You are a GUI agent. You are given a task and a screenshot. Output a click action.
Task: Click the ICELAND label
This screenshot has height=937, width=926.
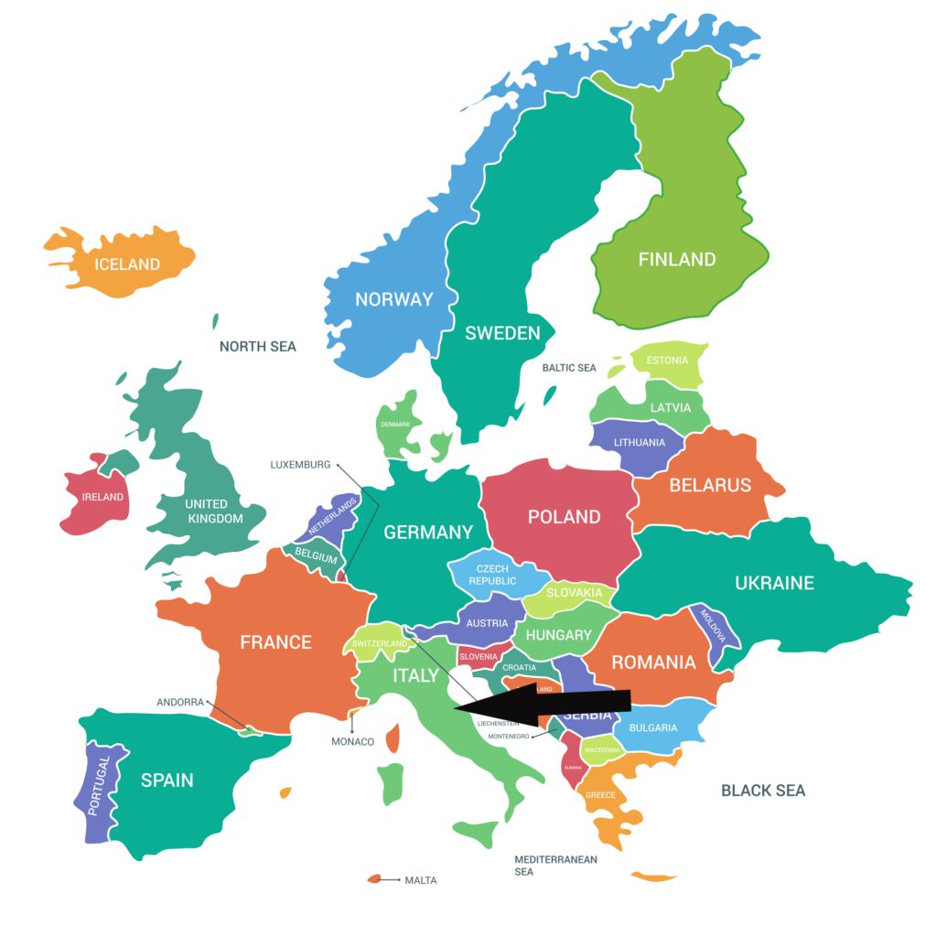coord(127,264)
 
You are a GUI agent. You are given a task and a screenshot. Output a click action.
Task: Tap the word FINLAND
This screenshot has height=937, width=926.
coord(677,259)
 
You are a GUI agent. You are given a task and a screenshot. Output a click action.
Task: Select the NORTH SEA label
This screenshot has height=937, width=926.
coord(258,347)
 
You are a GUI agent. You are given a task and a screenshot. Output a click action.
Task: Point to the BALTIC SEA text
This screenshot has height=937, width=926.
coord(569,368)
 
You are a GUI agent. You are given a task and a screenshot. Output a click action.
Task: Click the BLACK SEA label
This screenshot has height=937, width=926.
coord(763,791)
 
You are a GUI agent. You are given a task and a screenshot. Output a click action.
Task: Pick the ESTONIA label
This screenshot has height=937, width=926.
coord(667,361)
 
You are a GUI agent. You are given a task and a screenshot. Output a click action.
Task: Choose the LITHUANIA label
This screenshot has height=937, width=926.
coord(640,443)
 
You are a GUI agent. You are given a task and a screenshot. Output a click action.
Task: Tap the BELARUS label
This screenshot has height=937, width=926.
coord(710,485)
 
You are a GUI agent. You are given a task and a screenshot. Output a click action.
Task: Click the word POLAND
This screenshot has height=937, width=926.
coord(565,517)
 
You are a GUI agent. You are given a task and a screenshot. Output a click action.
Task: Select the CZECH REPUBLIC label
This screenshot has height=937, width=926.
coord(492,575)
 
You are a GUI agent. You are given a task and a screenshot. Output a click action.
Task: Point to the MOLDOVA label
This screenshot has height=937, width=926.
coord(714,626)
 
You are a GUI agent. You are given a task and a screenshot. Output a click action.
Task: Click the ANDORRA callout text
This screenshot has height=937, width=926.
coord(180,703)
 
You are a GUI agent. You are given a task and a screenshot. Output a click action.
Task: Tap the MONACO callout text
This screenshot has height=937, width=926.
coord(352,741)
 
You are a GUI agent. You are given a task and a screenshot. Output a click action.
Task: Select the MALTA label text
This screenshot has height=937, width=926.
coord(421,880)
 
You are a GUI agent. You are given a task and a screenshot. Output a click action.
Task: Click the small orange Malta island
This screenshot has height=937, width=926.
coord(373,879)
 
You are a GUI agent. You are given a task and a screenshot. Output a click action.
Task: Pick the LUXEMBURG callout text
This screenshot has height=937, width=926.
coord(300,465)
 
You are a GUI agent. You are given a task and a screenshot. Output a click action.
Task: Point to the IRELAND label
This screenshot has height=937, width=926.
coord(102,497)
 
